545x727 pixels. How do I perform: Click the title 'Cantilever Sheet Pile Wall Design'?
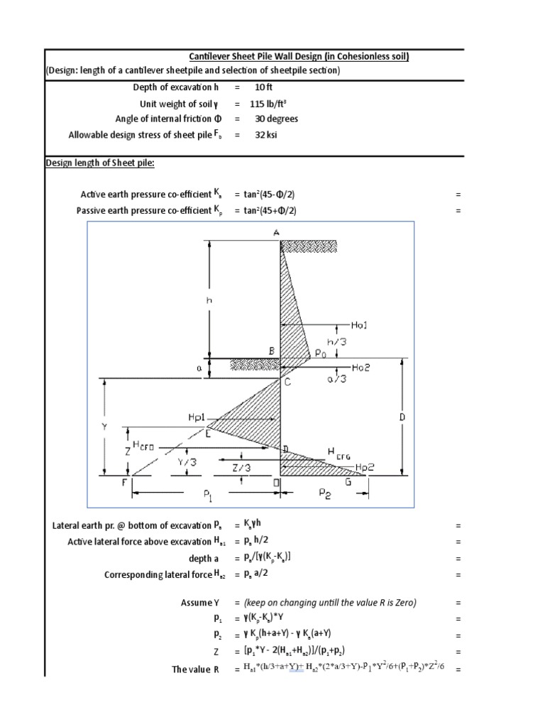pyautogui.click(x=298, y=57)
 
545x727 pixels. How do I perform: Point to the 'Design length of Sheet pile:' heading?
pyautogui.click(x=100, y=163)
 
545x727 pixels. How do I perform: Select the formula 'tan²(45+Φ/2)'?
pyautogui.click(x=266, y=210)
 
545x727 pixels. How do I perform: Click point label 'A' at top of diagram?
pyautogui.click(x=275, y=232)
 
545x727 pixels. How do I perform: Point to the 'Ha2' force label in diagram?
pyautogui.click(x=360, y=367)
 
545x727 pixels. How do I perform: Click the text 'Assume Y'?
pyautogui.click(x=202, y=603)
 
